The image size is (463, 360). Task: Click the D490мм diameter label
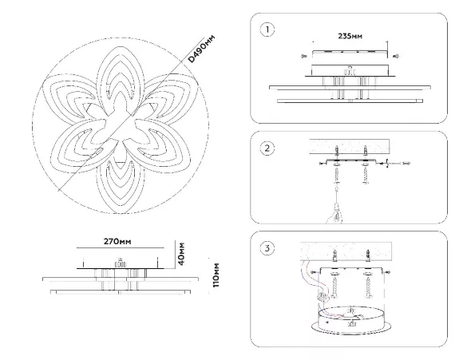(202, 49)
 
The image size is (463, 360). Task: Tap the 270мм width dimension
(117, 242)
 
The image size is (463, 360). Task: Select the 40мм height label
(181, 254)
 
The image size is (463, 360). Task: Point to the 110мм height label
(216, 275)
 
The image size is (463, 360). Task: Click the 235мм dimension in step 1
(350, 36)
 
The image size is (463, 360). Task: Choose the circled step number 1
(267, 30)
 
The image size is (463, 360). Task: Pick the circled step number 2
(267, 148)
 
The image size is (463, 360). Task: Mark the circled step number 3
(267, 247)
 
